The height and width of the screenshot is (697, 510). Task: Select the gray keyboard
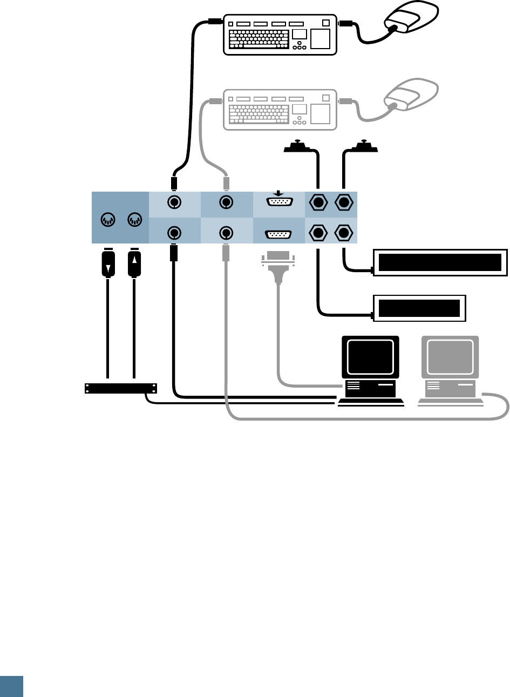(x=280, y=110)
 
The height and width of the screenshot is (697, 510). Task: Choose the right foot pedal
(x=365, y=145)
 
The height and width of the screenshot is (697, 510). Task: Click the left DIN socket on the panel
(x=108, y=220)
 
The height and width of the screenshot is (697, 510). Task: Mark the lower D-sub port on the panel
(x=278, y=235)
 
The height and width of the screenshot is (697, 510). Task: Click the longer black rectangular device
(x=440, y=262)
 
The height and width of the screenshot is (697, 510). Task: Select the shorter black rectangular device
(x=419, y=309)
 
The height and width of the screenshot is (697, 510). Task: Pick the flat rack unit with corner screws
(x=121, y=388)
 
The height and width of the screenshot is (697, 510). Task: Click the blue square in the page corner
(x=11, y=686)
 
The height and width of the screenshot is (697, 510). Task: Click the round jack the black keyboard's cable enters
(x=174, y=203)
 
